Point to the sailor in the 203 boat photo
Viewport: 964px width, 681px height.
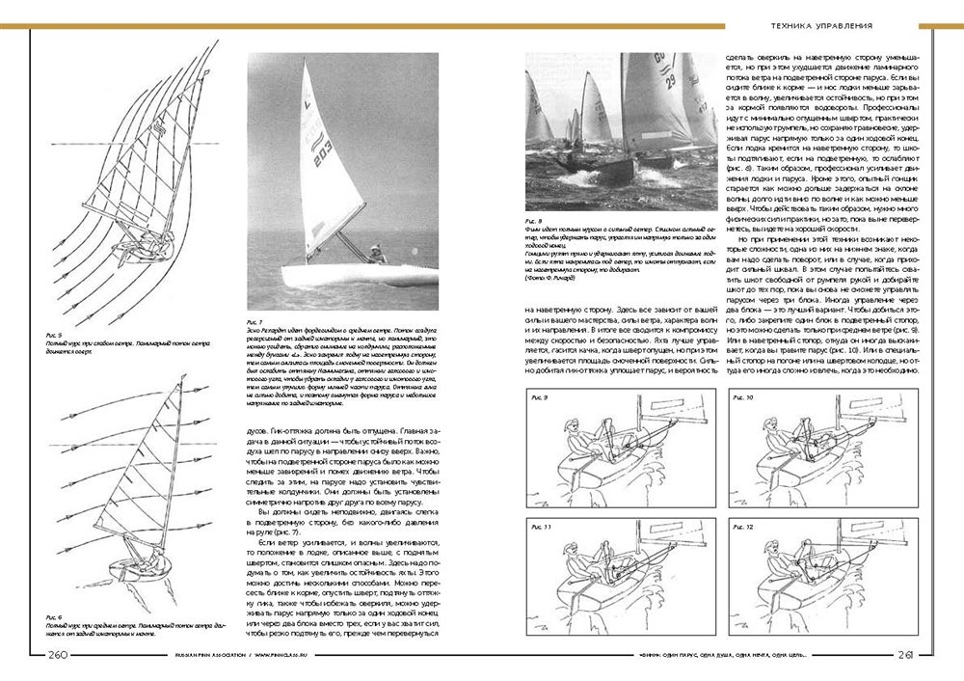376,253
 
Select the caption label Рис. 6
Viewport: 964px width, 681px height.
53,614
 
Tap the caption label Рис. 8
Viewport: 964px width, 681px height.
532,220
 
